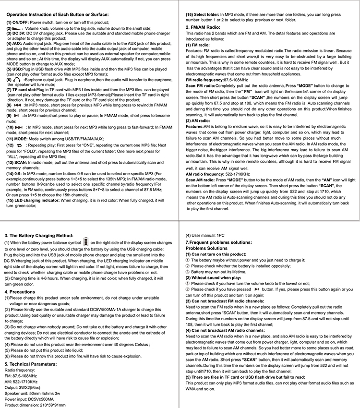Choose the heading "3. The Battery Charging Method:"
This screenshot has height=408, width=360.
pyautogui.click(x=39, y=235)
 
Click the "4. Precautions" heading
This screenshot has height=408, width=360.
pyautogui.click(x=20, y=291)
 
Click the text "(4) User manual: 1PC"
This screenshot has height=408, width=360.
pyautogui.click(x=205, y=236)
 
